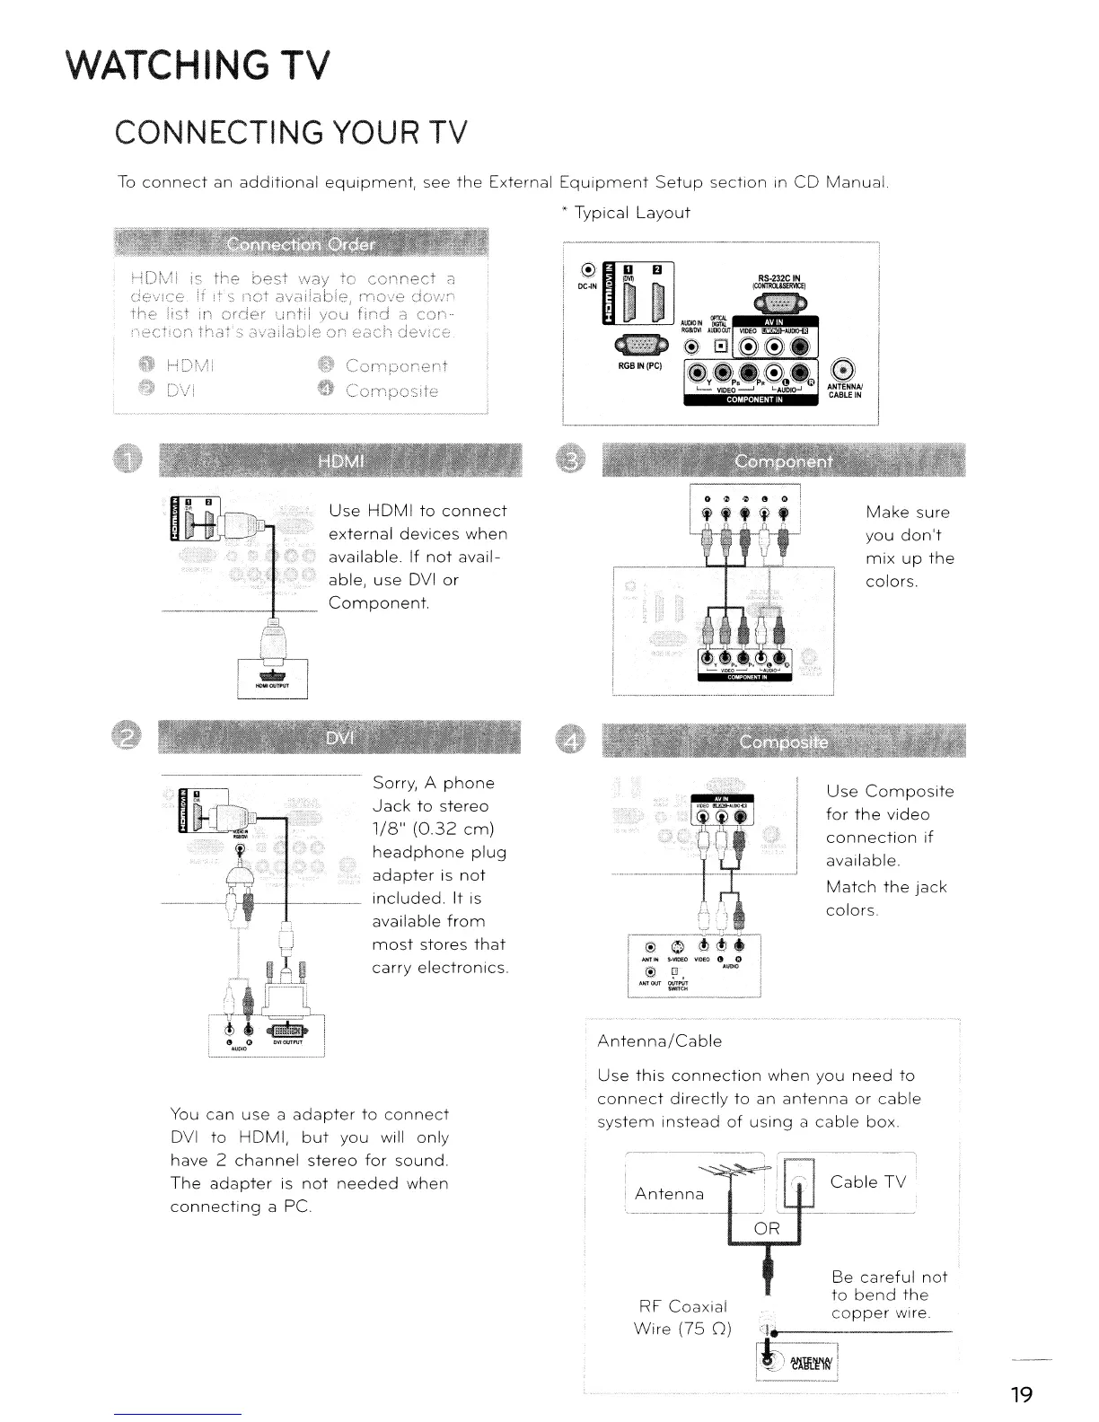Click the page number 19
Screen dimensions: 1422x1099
coord(1021,1395)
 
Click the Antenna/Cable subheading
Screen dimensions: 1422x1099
coord(659,1041)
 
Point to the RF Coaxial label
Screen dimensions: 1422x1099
coord(681,1305)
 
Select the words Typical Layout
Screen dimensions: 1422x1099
coord(631,213)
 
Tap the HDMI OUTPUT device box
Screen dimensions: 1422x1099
coord(271,679)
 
